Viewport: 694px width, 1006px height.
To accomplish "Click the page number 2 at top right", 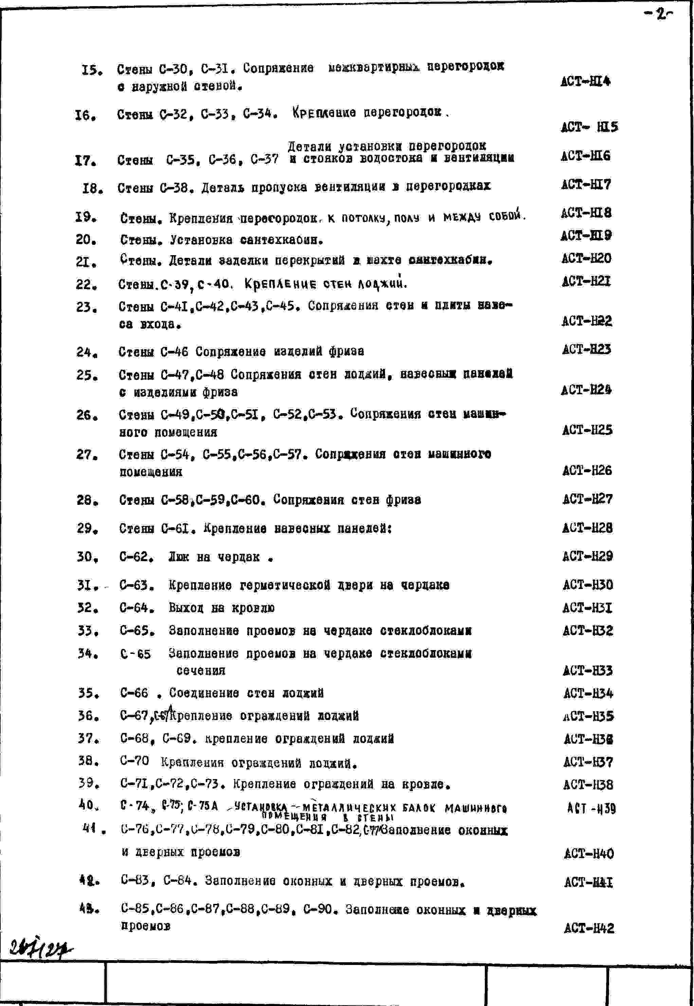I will pyautogui.click(x=660, y=15).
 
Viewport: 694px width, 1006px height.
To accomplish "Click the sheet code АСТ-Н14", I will pyautogui.click(x=585, y=81).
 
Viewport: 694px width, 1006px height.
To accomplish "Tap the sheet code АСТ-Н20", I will pyautogui.click(x=586, y=259).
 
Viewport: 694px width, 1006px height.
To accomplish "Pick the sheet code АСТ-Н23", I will pyautogui.click(x=586, y=349).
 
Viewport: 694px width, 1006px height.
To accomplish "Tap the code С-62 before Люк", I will pyautogui.click(x=136, y=557).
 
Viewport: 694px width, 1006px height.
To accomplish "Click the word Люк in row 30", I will pyautogui.click(x=179, y=557).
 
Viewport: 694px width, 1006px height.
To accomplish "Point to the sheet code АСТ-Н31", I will pyautogui.click(x=587, y=608).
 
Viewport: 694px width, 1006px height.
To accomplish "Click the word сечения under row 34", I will pyautogui.click(x=201, y=670).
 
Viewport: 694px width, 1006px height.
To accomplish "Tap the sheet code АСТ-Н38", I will pyautogui.click(x=588, y=784).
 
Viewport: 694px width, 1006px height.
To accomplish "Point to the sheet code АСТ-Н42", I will pyautogui.click(x=589, y=928).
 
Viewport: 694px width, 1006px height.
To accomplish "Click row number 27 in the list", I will pyautogui.click(x=87, y=455).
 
